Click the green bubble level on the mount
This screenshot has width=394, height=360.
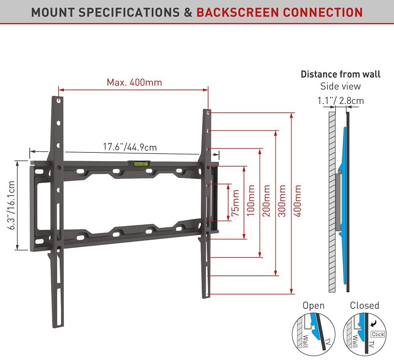coord(138,162)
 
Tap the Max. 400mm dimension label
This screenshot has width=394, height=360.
coord(134,83)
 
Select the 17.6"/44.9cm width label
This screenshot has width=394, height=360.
coord(130,147)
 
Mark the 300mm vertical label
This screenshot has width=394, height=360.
coord(282,201)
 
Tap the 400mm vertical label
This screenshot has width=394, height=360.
coord(298,201)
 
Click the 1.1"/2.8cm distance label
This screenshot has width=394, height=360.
coord(340,101)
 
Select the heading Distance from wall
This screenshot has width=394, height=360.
coord(340,74)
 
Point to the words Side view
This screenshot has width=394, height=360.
coord(340,86)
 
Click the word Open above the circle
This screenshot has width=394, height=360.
coord(314,306)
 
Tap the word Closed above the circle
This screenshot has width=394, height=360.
coord(364,306)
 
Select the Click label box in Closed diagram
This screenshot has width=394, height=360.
coord(377,334)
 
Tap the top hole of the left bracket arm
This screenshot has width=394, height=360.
coord(59,101)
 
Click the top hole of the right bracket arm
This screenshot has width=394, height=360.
coord(208,113)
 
